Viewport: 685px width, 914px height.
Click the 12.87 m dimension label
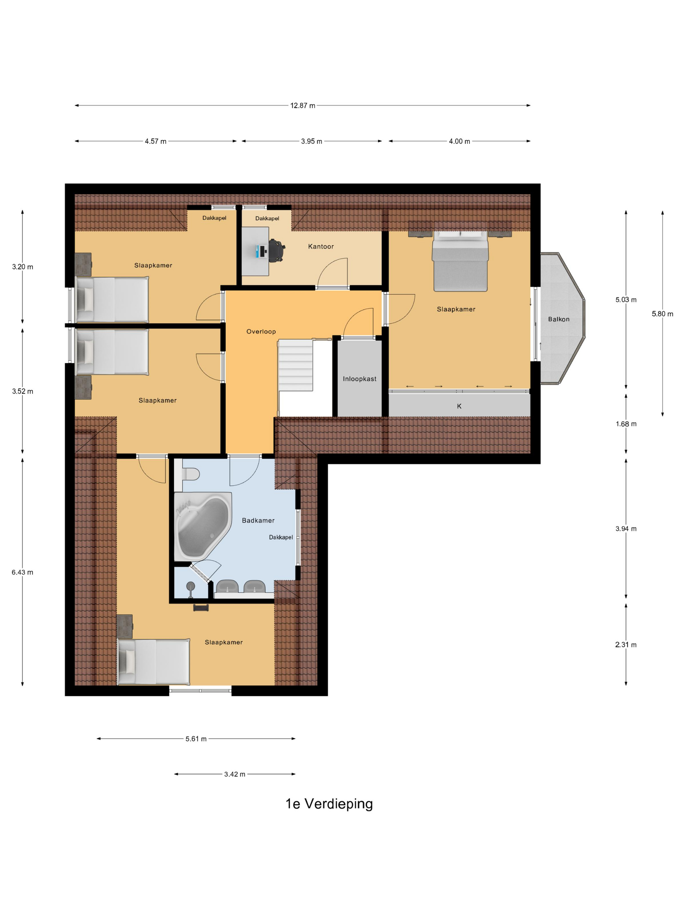click(303, 106)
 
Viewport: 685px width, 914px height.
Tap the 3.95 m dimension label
click(311, 141)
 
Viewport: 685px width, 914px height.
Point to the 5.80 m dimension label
click(662, 314)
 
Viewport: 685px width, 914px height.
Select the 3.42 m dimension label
click(235, 774)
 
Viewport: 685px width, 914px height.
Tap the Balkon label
click(559, 319)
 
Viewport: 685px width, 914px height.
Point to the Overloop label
click(261, 331)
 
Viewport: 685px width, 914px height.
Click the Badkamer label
click(258, 521)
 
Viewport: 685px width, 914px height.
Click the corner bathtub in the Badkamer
click(202, 527)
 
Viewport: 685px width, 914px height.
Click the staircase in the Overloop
click(295, 365)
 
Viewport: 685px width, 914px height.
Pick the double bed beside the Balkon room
click(460, 261)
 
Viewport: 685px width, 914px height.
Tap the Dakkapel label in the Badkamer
click(281, 538)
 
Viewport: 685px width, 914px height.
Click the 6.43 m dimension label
click(22, 572)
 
